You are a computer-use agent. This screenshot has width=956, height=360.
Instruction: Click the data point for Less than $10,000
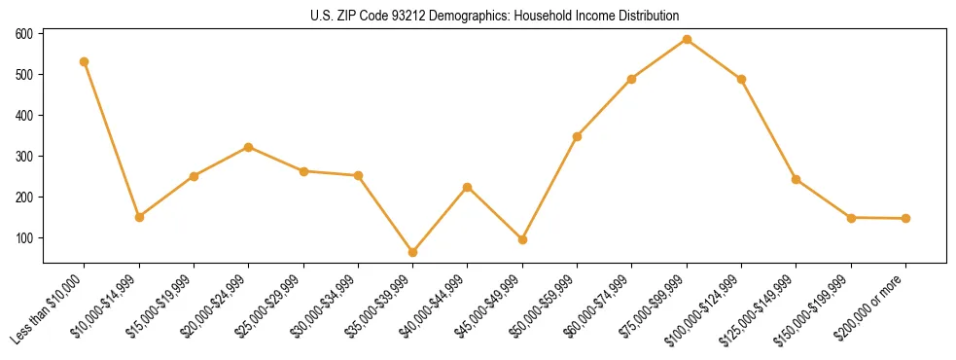coord(85,61)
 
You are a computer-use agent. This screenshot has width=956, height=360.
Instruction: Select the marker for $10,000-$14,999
coord(139,217)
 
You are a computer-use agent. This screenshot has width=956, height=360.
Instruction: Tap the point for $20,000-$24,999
coord(249,147)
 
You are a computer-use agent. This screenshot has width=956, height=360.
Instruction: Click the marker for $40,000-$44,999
coord(468,187)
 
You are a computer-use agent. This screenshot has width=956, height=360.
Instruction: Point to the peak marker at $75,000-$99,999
coord(687,40)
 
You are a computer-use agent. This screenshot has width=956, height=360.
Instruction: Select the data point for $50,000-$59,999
coord(578,136)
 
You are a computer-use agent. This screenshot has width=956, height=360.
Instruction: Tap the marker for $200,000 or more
coord(905,218)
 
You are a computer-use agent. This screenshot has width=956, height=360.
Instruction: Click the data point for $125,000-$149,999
coord(797,179)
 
